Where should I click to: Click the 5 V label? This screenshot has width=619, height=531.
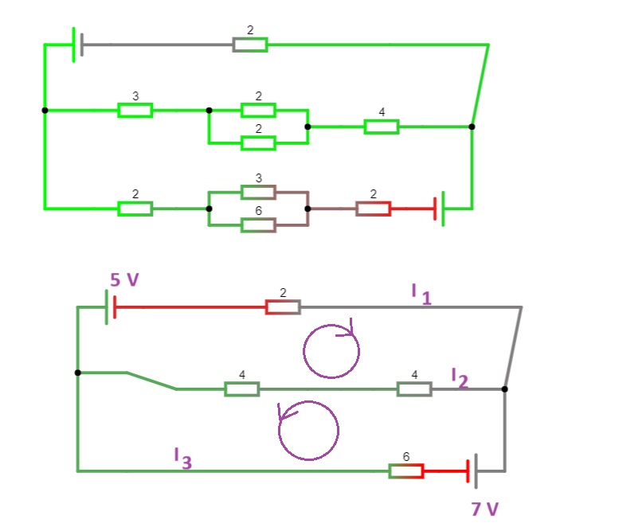point(124,279)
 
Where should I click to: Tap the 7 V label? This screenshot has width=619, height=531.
point(485,509)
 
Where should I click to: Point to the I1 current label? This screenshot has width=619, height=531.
point(421,295)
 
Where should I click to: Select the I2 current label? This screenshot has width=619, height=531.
point(460,378)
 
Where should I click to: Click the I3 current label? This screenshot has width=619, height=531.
point(182,459)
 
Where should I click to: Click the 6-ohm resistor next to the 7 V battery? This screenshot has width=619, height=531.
point(406,471)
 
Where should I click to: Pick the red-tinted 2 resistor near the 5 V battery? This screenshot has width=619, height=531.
point(283,307)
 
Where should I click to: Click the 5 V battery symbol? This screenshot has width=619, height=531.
point(111,307)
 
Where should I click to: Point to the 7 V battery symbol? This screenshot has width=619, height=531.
point(472,471)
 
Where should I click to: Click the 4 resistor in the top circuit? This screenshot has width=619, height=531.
point(382,127)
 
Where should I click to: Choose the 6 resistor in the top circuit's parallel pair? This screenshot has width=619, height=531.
point(259,225)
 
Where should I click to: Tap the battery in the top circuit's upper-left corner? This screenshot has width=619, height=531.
point(78,45)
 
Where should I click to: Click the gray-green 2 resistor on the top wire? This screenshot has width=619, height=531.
point(250,45)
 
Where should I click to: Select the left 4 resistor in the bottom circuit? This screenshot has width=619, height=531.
point(242,389)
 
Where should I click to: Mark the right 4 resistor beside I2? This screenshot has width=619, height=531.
point(414,389)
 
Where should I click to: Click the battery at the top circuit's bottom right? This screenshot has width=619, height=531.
point(439,209)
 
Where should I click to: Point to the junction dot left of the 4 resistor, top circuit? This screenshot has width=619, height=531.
point(308,127)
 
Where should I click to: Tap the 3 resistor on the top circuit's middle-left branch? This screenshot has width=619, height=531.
point(135,110)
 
